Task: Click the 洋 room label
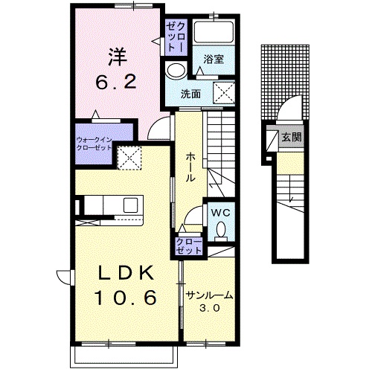pos(118,57)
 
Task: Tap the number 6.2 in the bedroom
pos(116,82)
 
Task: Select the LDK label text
pos(126,272)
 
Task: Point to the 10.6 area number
pos(126,298)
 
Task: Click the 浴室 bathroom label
pos(214,59)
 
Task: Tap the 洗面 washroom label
pos(190,94)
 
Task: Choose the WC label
pos(221,213)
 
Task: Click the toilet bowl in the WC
pos(221,229)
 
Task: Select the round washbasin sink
pos(176,70)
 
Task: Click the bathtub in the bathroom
pos(214,32)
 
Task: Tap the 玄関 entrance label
pos(292,137)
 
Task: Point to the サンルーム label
pos(210,295)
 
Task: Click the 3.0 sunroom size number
pos(210,308)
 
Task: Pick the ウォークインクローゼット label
pos(94,144)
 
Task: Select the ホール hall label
pos(190,167)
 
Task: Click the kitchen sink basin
pos(131,205)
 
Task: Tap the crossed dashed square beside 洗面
pos(224,92)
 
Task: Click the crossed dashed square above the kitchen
pos(129,158)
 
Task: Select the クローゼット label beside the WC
pos(189,246)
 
